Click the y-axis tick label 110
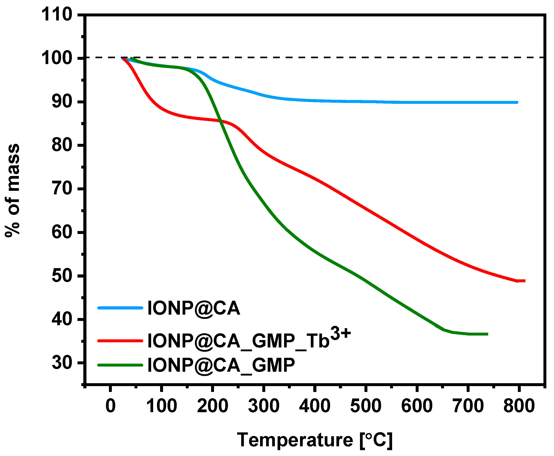[57, 14]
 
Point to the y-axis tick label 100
[57, 58]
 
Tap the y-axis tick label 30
[62, 363]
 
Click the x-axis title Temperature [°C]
[315, 440]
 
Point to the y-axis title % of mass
[13, 190]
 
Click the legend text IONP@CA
[194, 308]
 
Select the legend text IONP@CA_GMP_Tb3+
[249, 339]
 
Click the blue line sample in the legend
[120, 308]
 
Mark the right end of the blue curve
[517, 102]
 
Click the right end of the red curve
[524, 281]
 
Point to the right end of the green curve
[487, 334]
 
